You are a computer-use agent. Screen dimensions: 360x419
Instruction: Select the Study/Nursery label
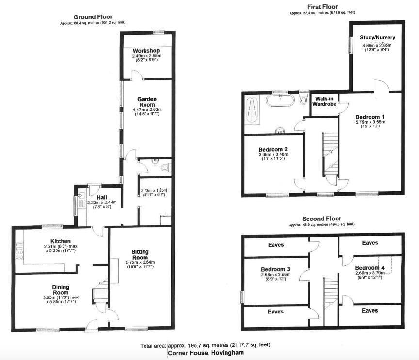point(377,37)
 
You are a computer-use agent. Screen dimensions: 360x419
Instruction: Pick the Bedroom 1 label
point(370,117)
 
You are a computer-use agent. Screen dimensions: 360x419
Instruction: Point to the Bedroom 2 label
point(273,149)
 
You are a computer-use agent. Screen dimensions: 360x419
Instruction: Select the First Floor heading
point(323,7)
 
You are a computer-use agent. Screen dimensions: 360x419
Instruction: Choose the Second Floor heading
point(322,219)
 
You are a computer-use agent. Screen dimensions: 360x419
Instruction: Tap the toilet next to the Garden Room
point(165,168)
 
